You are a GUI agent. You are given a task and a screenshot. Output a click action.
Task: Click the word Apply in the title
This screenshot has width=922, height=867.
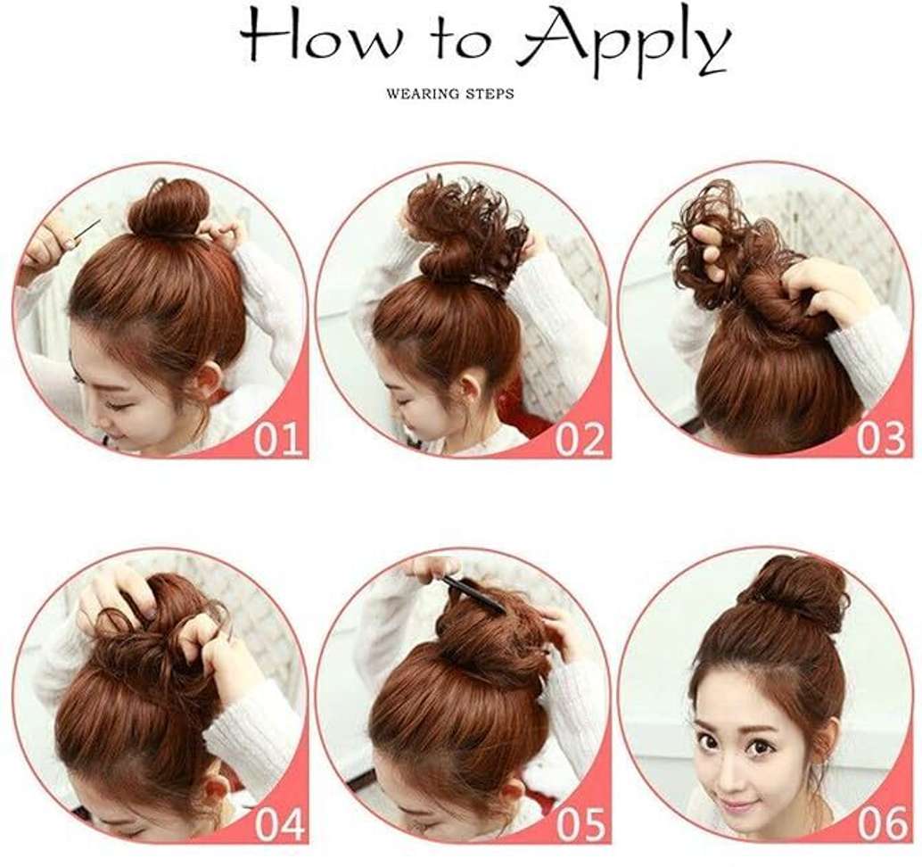coord(624,43)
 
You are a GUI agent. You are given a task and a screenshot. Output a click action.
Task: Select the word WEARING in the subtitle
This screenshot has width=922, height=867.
coord(423,94)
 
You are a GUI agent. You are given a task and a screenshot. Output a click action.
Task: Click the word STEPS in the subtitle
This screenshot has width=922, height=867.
coord(490,94)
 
